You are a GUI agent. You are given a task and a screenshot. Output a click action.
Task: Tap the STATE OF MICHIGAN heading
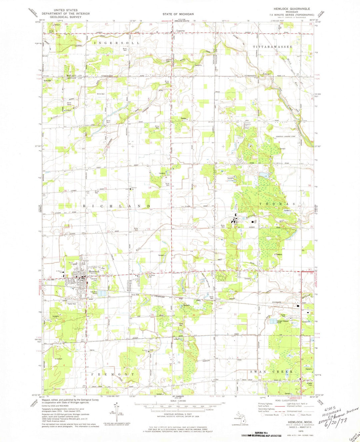178,14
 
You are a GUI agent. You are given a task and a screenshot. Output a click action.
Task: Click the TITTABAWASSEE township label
272,47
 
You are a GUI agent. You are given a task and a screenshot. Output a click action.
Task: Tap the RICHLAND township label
117,206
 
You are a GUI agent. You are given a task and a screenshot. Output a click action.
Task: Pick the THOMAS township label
277,204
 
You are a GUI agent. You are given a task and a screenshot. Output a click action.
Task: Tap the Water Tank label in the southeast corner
310,384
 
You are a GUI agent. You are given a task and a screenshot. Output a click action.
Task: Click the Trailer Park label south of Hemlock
72,304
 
